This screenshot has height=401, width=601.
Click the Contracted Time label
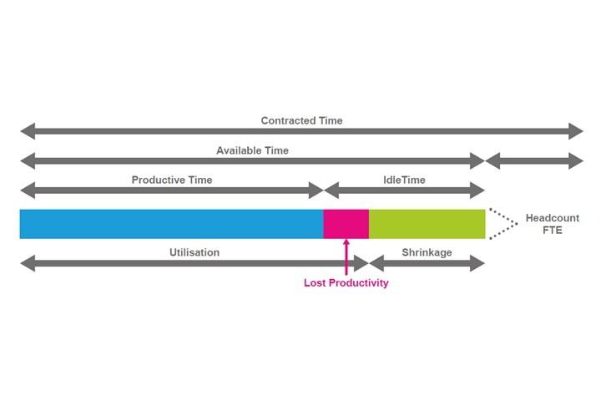301,120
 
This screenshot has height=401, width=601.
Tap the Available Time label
252,150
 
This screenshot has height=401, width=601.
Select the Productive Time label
172,180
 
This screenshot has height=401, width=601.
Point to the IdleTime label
404,180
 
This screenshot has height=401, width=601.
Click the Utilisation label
194,251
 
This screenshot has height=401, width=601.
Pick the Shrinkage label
427,251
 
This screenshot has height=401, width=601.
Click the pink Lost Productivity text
346,283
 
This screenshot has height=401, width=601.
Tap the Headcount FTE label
545,224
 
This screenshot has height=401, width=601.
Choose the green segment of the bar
427,224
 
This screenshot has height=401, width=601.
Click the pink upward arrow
346,256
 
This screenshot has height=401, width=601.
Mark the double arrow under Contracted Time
301,131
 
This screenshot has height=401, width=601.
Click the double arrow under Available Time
252,160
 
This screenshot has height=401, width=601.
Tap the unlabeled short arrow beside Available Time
534,160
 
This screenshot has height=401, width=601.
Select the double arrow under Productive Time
171,190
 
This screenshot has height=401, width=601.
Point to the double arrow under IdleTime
404,190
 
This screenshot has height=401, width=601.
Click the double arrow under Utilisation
194,264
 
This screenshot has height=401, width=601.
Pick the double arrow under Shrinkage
427,264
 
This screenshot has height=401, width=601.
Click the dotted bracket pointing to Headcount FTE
500,224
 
